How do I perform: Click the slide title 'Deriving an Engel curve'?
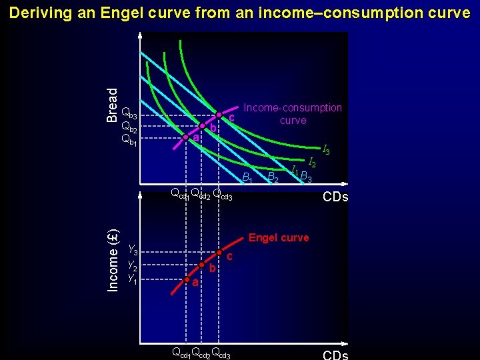(240, 13)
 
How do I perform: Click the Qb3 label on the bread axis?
(129, 113)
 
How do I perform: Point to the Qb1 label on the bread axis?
(129, 139)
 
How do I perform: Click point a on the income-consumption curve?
(186, 137)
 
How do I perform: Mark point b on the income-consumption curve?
(202, 125)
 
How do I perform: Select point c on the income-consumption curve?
(219, 115)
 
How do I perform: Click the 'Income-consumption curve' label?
(293, 114)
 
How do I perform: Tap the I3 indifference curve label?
(325, 151)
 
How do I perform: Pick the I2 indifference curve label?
(311, 162)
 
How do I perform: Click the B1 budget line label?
(247, 177)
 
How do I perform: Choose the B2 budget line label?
(273, 177)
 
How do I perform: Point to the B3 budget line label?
(307, 177)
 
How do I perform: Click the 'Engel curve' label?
(278, 238)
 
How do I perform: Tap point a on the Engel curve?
(187, 280)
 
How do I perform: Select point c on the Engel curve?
(220, 253)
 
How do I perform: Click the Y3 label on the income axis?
(133, 251)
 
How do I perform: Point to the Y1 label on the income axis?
(133, 279)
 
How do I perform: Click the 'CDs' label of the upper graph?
(335, 197)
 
